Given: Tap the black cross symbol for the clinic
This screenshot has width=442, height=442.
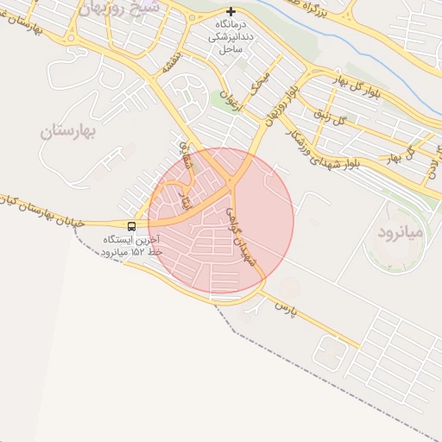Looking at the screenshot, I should click(x=230, y=13).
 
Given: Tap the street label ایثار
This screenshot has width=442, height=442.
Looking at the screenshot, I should click(x=180, y=201).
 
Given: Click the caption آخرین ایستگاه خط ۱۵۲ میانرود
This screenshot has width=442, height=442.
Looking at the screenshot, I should click(x=131, y=244).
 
